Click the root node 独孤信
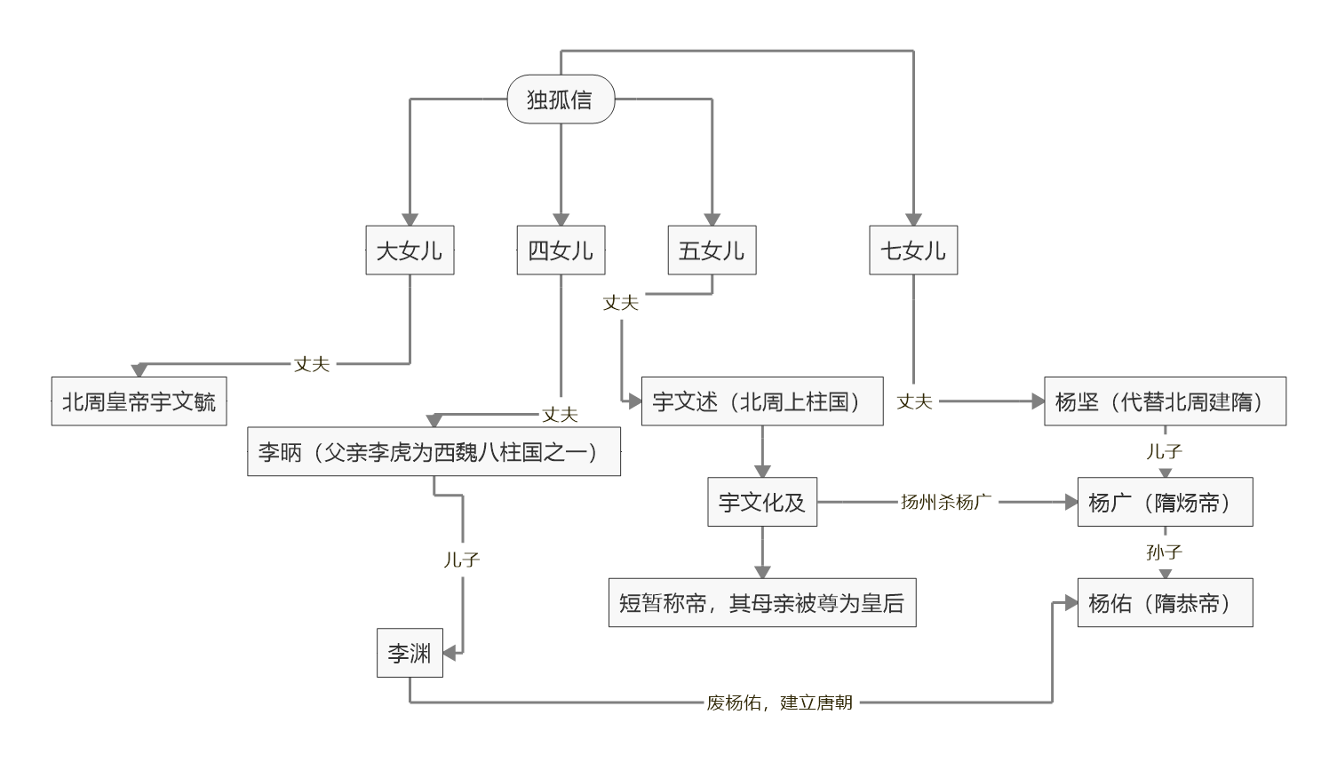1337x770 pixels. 561,99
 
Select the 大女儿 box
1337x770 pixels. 410,250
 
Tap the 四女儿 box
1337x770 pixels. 561,250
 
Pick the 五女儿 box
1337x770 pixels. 712,250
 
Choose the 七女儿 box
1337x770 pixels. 913,250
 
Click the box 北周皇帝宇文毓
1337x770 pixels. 139,401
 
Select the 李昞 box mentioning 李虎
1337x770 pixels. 434,452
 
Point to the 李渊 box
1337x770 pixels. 410,654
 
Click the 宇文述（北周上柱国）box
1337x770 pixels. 762,401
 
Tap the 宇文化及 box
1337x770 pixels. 762,503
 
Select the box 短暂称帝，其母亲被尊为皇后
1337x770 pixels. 762,603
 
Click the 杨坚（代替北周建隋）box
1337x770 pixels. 1165,401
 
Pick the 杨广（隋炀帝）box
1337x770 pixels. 1165,503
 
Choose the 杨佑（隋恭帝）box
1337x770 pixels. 1165,603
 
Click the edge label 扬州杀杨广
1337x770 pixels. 946,503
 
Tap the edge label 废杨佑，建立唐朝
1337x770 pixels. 780,703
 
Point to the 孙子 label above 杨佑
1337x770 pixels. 1165,552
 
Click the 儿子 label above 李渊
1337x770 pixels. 462,560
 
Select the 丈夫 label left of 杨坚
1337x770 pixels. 914,402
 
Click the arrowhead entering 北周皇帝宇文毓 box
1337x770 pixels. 139,370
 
